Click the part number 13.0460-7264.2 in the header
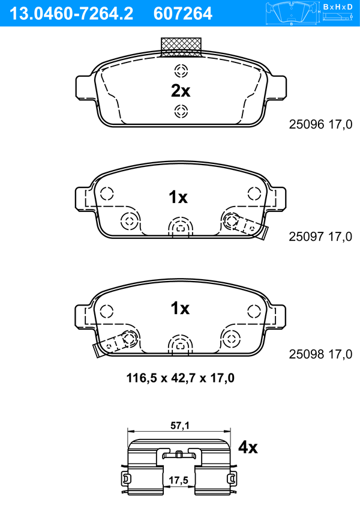click(71, 14)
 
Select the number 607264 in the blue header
click(183, 14)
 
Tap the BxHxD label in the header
click(338, 7)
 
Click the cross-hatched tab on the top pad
click(181, 47)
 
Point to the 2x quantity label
click(181, 91)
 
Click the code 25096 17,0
click(320, 124)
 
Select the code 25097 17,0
click(320, 237)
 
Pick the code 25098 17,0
click(320, 354)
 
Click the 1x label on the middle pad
click(178, 197)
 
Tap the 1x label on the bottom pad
click(180, 308)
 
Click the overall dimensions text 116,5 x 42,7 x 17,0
click(181, 378)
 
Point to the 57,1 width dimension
click(180, 426)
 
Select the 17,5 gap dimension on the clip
click(179, 480)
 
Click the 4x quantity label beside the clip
click(248, 447)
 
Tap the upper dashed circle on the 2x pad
click(181, 71)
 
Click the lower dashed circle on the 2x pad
click(181, 112)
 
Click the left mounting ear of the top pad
click(85, 87)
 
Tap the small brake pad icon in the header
click(292, 13)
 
